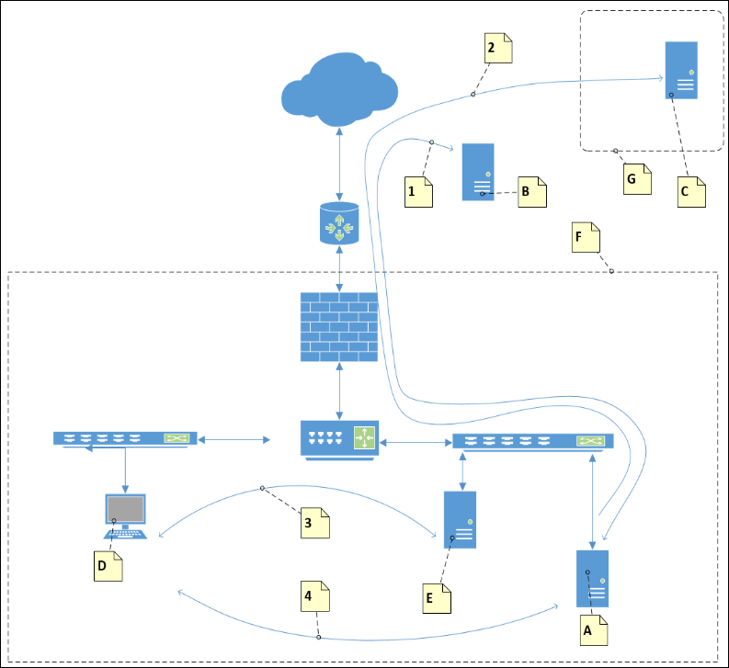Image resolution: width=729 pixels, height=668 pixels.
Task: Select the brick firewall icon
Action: click(x=340, y=327)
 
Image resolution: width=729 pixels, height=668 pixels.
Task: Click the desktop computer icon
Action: click(x=125, y=517)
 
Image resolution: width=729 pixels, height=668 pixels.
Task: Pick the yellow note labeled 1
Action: click(x=420, y=192)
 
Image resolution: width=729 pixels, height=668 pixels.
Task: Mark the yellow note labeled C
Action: click(x=691, y=192)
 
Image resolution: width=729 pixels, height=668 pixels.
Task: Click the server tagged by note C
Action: click(x=681, y=70)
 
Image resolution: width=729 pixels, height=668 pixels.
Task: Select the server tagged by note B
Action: click(x=478, y=172)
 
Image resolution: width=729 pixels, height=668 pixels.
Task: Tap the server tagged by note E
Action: click(x=460, y=519)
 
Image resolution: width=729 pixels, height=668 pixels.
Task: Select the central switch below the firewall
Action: click(x=339, y=438)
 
